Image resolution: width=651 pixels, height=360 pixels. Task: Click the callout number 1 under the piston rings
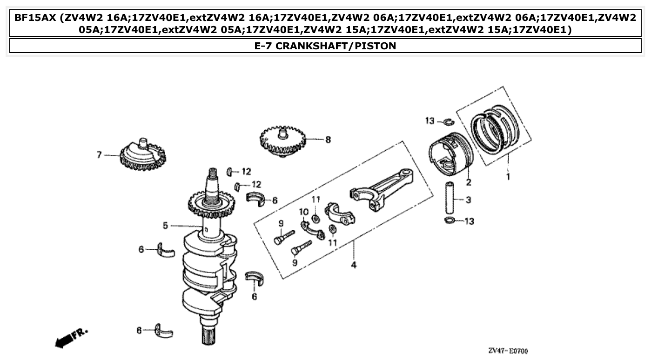pyautogui.click(x=508, y=177)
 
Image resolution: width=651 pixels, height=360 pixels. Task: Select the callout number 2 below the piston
pyautogui.click(x=468, y=182)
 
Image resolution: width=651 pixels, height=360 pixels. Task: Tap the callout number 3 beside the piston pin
pyautogui.click(x=468, y=200)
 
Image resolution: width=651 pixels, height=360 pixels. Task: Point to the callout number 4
pyautogui.click(x=354, y=266)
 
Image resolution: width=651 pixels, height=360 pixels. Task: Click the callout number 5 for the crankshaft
pyautogui.click(x=165, y=226)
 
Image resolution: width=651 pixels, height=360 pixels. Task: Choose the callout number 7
pyautogui.click(x=99, y=155)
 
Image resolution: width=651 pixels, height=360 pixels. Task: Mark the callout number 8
pyautogui.click(x=328, y=139)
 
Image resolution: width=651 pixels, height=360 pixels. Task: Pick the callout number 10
pyautogui.click(x=303, y=212)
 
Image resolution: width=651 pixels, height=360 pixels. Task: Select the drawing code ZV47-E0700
pyautogui.click(x=508, y=351)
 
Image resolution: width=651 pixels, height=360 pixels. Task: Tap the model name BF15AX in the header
pyautogui.click(x=35, y=18)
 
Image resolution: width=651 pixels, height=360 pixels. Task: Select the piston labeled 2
pyautogui.click(x=450, y=153)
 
